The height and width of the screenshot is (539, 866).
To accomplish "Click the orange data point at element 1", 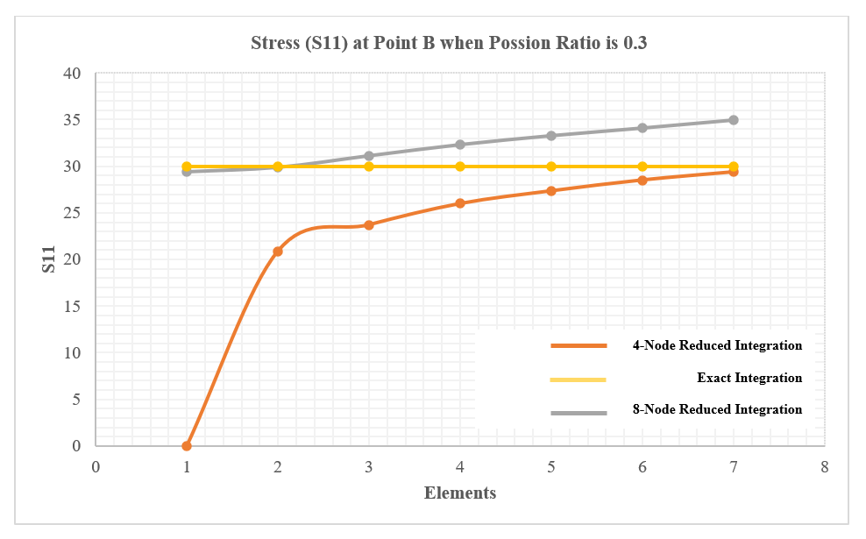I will coord(187,446).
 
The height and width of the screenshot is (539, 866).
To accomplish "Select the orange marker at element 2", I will coord(278,252).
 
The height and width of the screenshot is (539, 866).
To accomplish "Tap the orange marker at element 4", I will coord(460,203).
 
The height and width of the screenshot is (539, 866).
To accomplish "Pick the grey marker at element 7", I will coord(734,120).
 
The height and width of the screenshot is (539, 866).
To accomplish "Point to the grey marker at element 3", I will coord(369,156).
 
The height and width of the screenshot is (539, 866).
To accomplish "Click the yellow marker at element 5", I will coord(551,167).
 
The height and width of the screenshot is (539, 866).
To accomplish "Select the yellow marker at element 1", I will coord(187,167).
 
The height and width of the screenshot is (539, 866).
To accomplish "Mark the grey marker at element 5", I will coord(551,136).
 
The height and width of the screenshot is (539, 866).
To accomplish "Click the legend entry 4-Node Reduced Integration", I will coord(717,345).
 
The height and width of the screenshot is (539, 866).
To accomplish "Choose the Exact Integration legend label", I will coord(749,379).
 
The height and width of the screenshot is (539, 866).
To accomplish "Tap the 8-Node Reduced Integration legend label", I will coord(717,409).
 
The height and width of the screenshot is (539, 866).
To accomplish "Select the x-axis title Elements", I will coord(460,493).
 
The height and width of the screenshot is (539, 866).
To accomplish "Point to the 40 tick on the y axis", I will coord(72,74).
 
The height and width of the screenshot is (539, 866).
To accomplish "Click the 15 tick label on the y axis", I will coord(72,307).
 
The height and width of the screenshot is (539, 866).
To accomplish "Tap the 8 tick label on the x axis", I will coord(825,466).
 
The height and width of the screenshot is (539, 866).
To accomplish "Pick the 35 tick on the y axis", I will coord(72,120).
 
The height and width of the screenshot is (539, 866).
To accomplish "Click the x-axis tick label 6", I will coord(642,466).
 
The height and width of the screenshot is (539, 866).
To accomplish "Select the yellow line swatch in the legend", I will coord(579,379).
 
